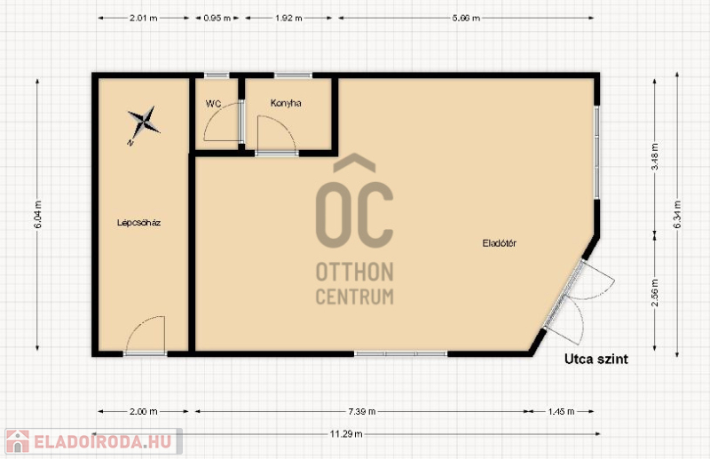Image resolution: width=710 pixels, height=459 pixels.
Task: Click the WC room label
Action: pos(213,104)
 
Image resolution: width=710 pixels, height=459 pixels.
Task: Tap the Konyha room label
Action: pos(286,103)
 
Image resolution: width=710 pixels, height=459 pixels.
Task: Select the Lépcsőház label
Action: pos(139,223)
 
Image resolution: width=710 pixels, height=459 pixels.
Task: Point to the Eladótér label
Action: pos(499,243)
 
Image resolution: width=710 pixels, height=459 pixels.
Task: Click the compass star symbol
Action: pos(143,123)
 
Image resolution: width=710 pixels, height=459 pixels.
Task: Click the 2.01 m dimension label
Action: pos(144,18)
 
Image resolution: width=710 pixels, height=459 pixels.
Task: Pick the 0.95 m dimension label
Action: pos(217,18)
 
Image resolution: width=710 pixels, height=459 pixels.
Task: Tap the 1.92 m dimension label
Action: pos(288,18)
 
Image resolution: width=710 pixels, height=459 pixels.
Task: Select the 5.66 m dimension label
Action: pos(466,18)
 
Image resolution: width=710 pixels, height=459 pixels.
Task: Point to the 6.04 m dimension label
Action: pos(37,214)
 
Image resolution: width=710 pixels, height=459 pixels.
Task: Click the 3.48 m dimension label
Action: pos(655,157)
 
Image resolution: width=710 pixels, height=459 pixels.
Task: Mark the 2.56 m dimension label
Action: pos(655,292)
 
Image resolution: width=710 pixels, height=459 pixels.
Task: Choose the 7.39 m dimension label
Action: pos(362,411)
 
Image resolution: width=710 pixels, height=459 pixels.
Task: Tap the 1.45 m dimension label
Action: pos(561,411)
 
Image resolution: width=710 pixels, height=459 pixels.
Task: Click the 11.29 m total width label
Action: pos(346,434)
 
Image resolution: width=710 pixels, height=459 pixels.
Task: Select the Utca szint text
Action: pos(596,360)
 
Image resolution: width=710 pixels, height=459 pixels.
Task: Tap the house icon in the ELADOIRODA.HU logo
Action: pos(18,441)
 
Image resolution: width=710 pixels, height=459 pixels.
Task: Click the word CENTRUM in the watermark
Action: pos(354,297)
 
